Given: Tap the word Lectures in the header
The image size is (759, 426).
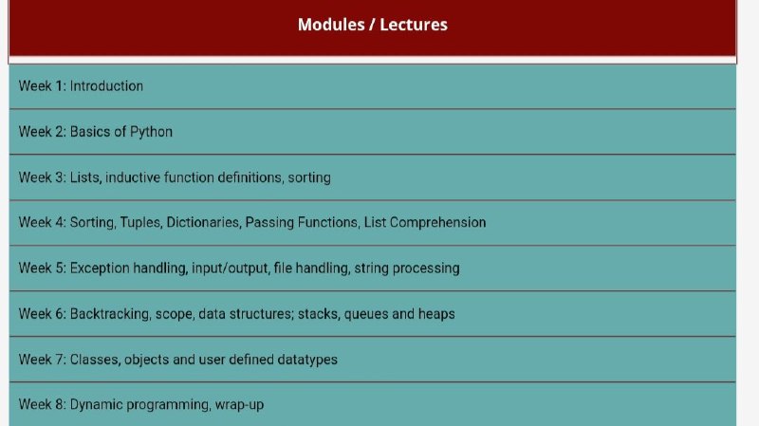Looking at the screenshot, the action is (414, 25).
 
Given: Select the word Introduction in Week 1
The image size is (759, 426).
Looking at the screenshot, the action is (106, 86).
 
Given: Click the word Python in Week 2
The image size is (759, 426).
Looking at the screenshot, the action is (151, 132).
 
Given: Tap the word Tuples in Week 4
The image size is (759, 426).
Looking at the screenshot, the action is (140, 223).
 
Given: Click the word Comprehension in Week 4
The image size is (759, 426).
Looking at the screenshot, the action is (437, 223).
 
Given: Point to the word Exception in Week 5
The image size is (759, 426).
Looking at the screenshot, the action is (100, 269).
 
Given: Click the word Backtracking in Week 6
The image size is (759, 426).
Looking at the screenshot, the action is (110, 314).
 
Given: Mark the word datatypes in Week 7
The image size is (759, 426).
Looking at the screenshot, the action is (307, 360).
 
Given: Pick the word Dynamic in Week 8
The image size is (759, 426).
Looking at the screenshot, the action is (97, 405).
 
